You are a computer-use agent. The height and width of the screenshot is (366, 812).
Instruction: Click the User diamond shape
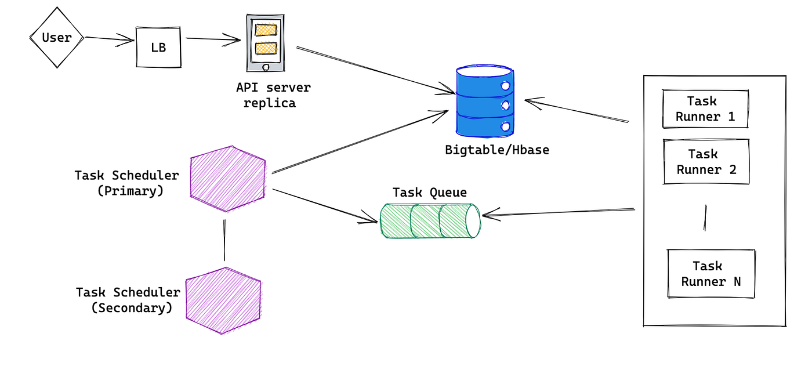[x=57, y=38]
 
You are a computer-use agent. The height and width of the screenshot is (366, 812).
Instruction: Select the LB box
[x=158, y=47]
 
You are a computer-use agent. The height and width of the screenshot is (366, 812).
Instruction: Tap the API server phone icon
[x=266, y=44]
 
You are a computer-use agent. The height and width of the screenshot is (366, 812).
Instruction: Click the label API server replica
[x=273, y=96]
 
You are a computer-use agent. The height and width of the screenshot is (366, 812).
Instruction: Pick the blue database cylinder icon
[x=484, y=102]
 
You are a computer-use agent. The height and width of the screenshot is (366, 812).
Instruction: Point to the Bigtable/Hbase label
[x=497, y=150]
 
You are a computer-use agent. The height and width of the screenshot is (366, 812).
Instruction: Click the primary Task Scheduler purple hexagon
[x=228, y=179]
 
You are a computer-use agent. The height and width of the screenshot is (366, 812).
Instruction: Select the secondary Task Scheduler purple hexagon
[x=223, y=300]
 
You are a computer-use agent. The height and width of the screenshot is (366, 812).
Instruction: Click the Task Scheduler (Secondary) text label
[x=129, y=300]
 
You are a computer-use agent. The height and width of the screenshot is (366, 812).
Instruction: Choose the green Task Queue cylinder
[x=430, y=221]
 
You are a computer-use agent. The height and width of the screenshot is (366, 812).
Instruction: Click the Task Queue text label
[x=429, y=193]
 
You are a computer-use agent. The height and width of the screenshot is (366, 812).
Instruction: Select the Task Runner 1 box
[x=705, y=109]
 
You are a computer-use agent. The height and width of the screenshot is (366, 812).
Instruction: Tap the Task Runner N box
[x=710, y=274]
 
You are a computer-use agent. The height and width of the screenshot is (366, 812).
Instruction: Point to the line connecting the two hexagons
[x=223, y=240]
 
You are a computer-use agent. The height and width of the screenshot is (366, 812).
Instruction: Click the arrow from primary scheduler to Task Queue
[x=325, y=205]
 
